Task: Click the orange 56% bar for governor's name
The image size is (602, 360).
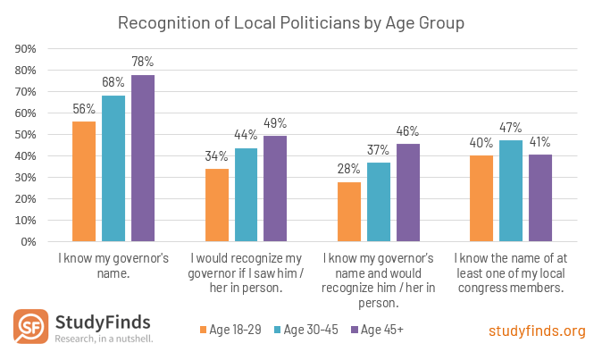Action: tap(84, 181)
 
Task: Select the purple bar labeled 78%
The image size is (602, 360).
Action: tap(143, 158)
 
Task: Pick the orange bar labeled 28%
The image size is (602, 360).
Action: tap(349, 212)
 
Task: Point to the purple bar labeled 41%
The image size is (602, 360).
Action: tap(540, 197)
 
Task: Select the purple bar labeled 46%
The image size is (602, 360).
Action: tap(408, 192)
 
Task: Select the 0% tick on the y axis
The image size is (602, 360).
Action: tap(28, 241)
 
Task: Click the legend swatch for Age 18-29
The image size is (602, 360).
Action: tap(204, 331)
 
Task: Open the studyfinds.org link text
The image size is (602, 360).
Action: tap(537, 331)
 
